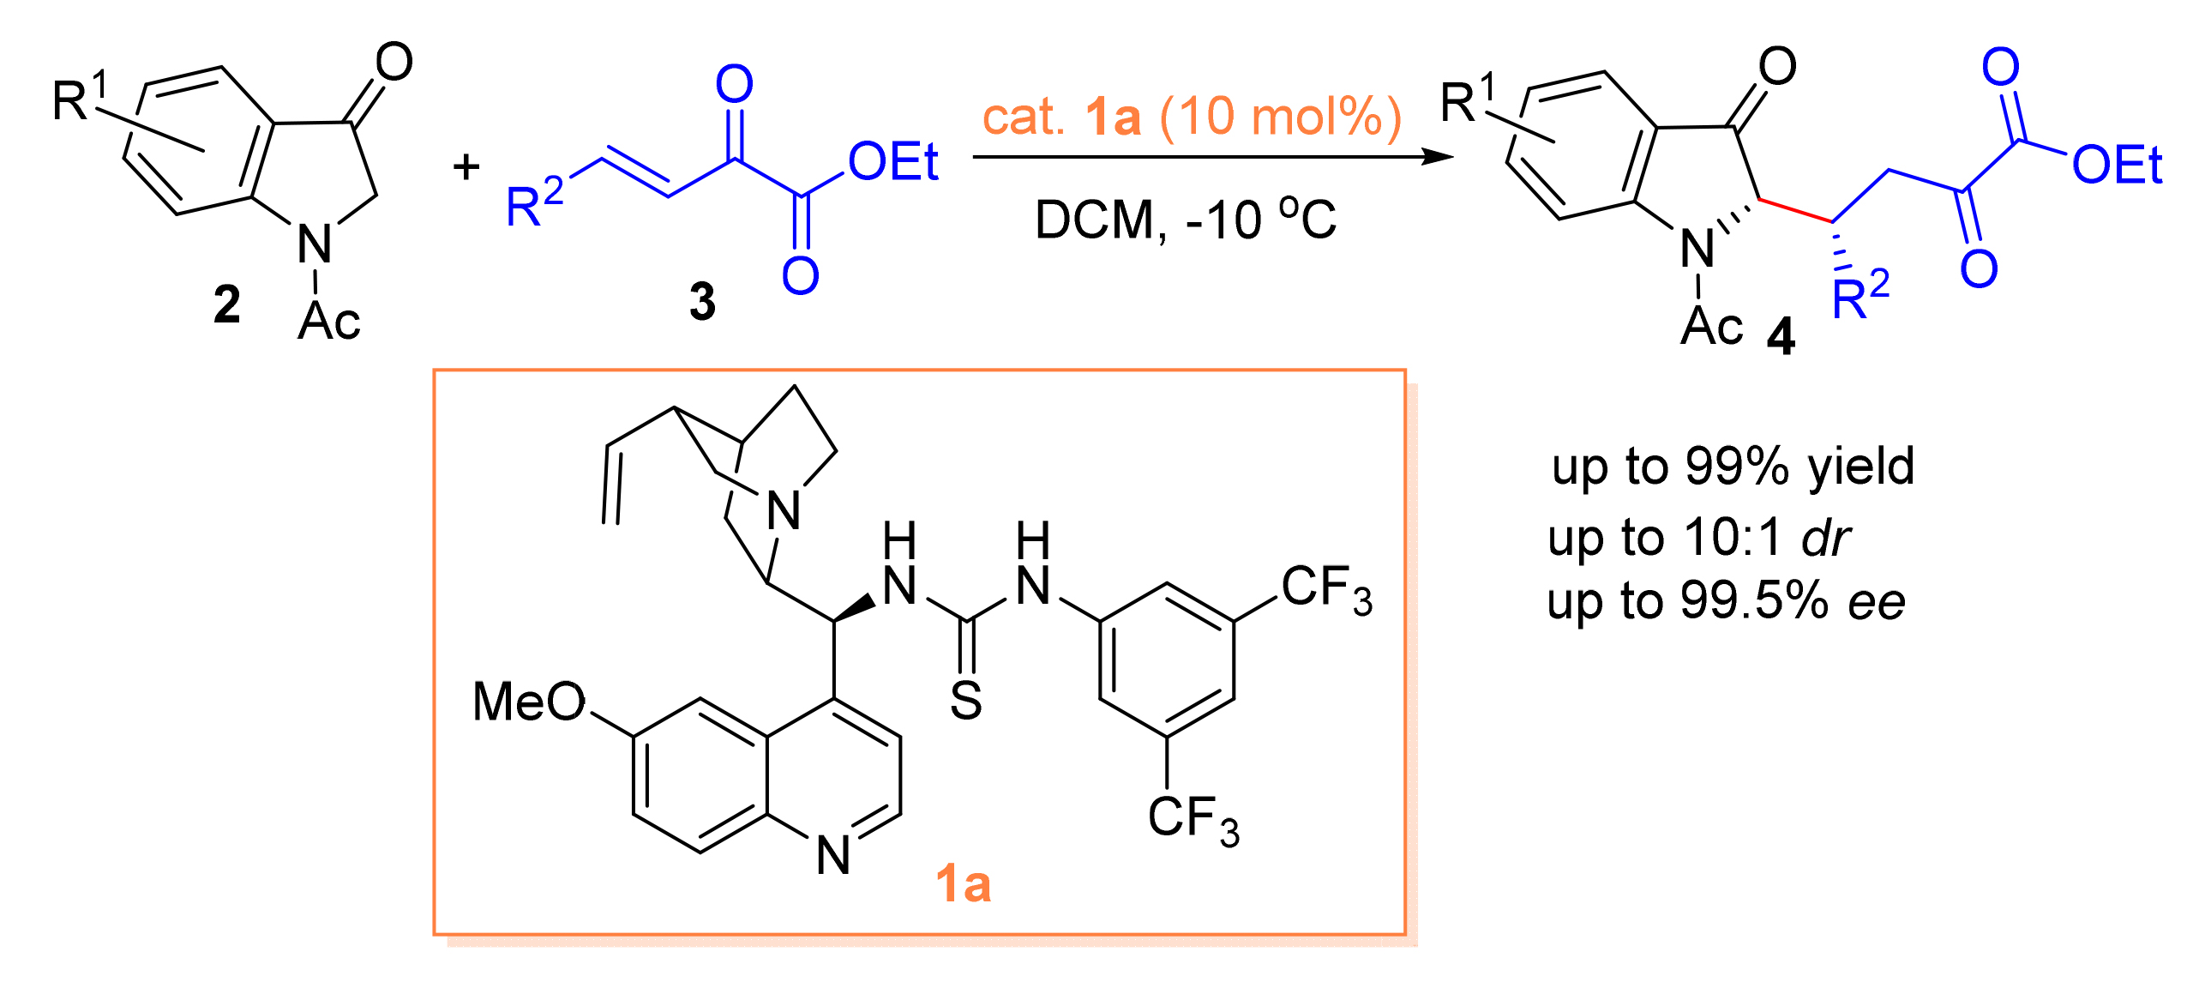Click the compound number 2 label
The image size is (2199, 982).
[x=227, y=305]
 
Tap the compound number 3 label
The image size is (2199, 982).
[x=702, y=302]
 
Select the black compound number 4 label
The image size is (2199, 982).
[x=1781, y=337]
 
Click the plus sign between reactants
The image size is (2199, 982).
[x=466, y=166]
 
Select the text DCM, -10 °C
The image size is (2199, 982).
[x=1185, y=220]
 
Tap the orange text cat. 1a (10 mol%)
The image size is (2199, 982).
[x=1191, y=117]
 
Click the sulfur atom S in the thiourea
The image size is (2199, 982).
[x=966, y=702]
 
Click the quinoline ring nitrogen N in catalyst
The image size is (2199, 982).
[x=833, y=855]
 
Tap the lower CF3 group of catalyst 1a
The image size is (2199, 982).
[x=1193, y=818]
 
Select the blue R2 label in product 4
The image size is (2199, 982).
[x=1860, y=296]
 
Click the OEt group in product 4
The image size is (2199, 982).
[x=2117, y=165]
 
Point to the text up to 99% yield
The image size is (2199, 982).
[x=1733, y=467]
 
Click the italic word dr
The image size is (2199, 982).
[x=1825, y=539]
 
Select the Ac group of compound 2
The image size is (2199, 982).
[x=329, y=322]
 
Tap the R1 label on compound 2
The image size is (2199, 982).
[x=79, y=97]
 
